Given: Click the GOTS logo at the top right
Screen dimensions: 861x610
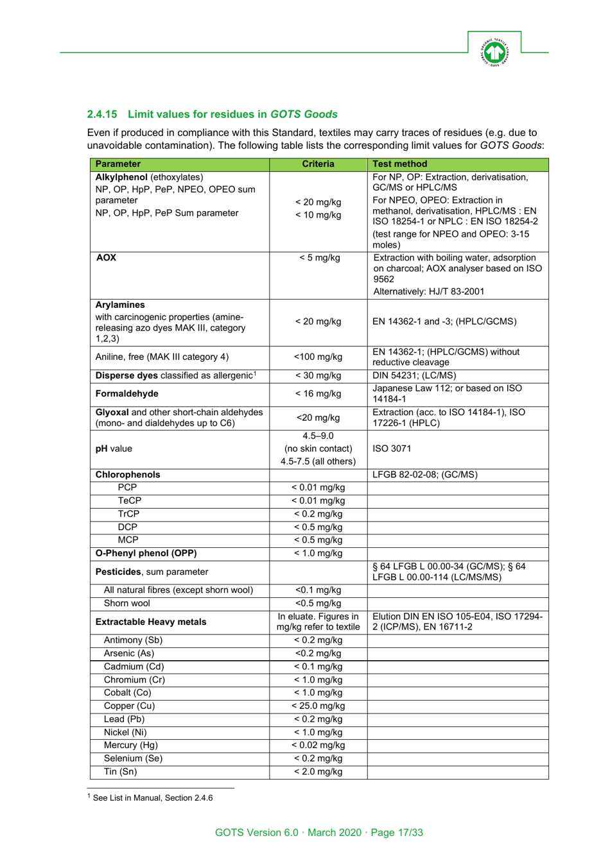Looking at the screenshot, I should click(x=494, y=52).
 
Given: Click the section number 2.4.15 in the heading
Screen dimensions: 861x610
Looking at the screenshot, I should click(x=102, y=114).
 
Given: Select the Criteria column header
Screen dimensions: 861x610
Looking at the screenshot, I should click(x=318, y=164).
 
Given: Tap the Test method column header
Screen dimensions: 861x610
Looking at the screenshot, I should click(x=399, y=164).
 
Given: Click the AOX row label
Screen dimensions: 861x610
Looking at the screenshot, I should click(x=106, y=258).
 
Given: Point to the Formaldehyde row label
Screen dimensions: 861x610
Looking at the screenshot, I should click(x=126, y=394).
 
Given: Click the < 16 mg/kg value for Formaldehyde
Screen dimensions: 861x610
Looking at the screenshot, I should click(x=318, y=394).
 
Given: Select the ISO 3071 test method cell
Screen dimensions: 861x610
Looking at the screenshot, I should click(x=392, y=449).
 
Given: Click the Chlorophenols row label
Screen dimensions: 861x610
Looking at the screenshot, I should click(x=128, y=475).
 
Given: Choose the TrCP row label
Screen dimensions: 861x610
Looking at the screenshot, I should click(x=128, y=514).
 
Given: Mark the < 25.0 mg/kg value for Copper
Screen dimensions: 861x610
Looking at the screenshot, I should click(x=318, y=706).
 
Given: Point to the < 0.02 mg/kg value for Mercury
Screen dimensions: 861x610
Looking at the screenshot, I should click(x=318, y=746).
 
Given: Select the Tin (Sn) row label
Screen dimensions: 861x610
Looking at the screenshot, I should click(x=120, y=772).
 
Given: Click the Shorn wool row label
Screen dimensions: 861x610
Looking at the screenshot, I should click(x=126, y=603).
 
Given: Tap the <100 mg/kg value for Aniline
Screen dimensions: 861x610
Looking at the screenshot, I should click(x=318, y=357).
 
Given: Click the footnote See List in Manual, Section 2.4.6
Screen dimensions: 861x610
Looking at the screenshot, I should click(x=152, y=798).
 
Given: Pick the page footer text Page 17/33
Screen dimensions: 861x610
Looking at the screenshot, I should click(x=397, y=833).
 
